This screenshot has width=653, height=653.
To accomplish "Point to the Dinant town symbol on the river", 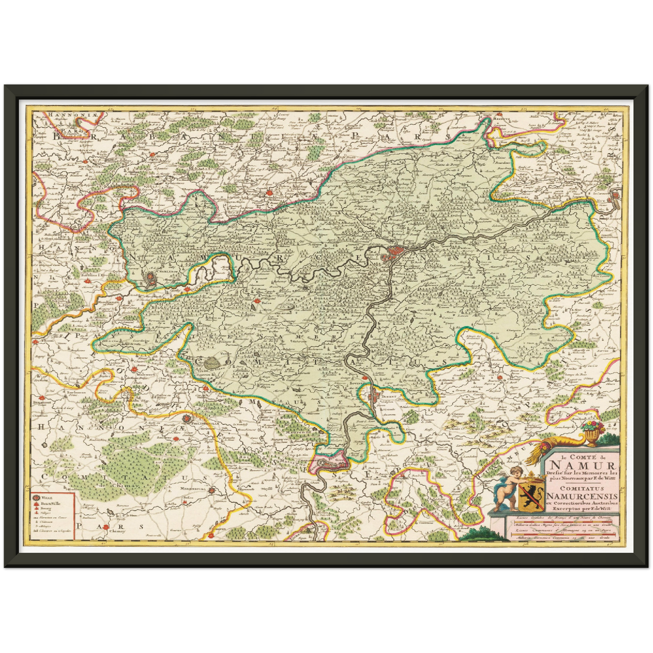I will (x=374, y=397).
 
